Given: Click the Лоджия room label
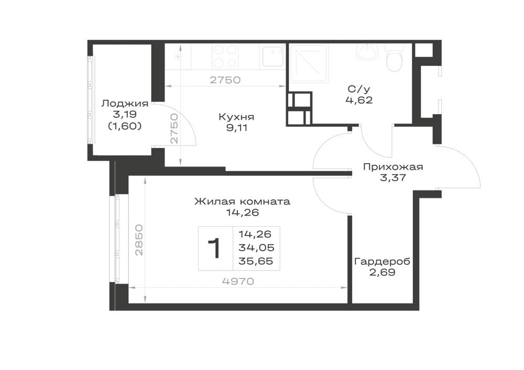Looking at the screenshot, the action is tap(125, 104).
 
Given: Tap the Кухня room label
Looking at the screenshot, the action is tap(236, 117).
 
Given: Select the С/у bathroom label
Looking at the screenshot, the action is tap(359, 89).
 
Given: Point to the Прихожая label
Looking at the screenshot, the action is tap(393, 167).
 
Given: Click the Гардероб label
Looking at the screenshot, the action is tap(382, 262).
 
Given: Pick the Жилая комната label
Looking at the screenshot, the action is tap(242, 201).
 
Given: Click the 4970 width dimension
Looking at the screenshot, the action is tap(238, 282).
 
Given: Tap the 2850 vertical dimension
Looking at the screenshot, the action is tap(139, 240).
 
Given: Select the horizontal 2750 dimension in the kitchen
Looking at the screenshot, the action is tap(225, 80).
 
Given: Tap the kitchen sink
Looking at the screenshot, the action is tap(272, 56).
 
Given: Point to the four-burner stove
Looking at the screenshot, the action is tap(225, 56).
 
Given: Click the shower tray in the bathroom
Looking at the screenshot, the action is tap(309, 63).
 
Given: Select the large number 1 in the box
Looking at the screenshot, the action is tap(214, 248).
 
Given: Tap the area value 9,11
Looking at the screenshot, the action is tap(237, 128).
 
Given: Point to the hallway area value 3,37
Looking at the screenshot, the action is tap(393, 177).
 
